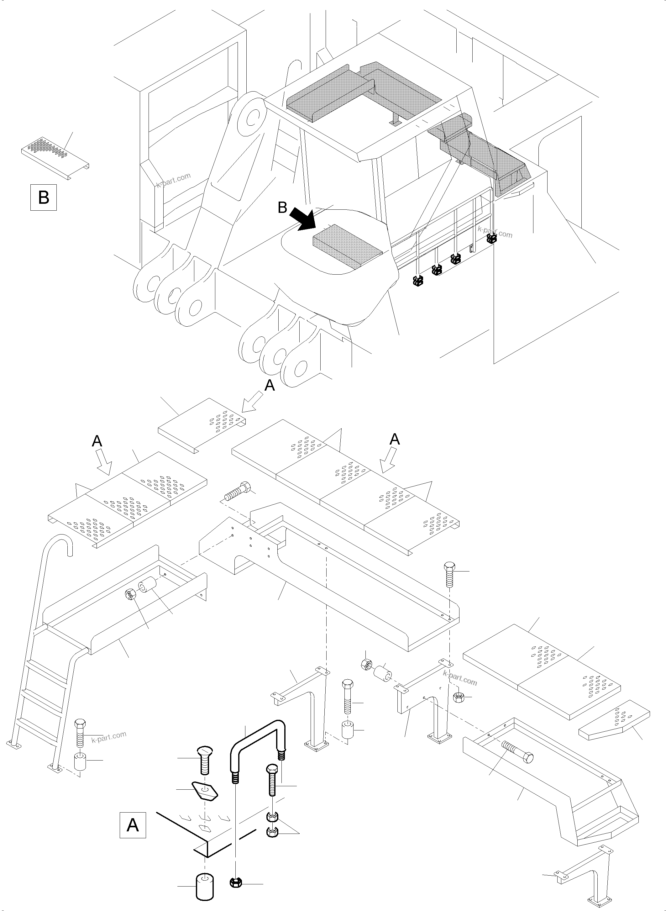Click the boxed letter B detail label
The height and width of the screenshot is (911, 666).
[x=44, y=197]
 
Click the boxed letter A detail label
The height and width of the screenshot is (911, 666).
[x=133, y=825]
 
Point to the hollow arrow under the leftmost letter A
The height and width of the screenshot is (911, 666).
[x=105, y=464]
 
